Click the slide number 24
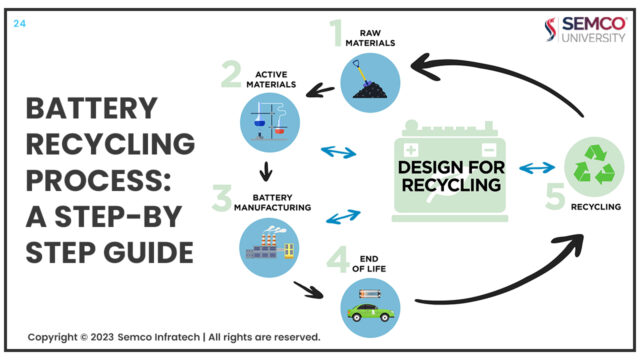tap(19, 23)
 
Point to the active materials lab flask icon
tap(271, 123)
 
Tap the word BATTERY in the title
tap(92, 108)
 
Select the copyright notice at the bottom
tap(174, 336)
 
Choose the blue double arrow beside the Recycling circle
tap(537, 166)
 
